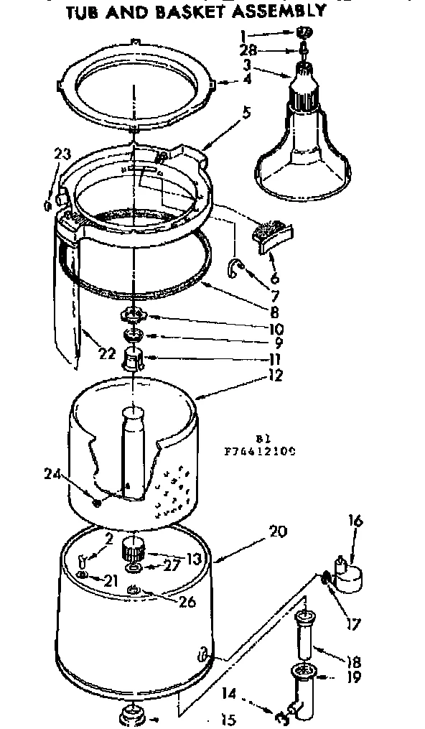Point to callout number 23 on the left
click(x=62, y=152)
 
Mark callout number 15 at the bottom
click(x=229, y=719)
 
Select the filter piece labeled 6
click(x=274, y=234)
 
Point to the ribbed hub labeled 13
click(x=134, y=552)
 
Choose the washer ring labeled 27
click(x=134, y=568)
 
